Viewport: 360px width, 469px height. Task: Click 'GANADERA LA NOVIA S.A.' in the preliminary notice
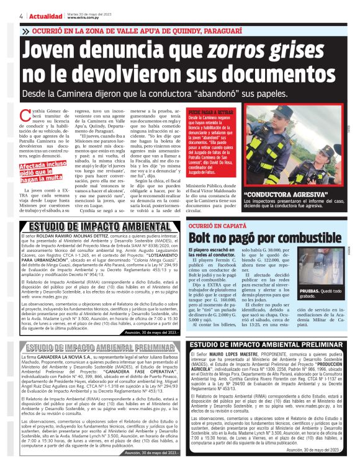[x=61, y=357]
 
